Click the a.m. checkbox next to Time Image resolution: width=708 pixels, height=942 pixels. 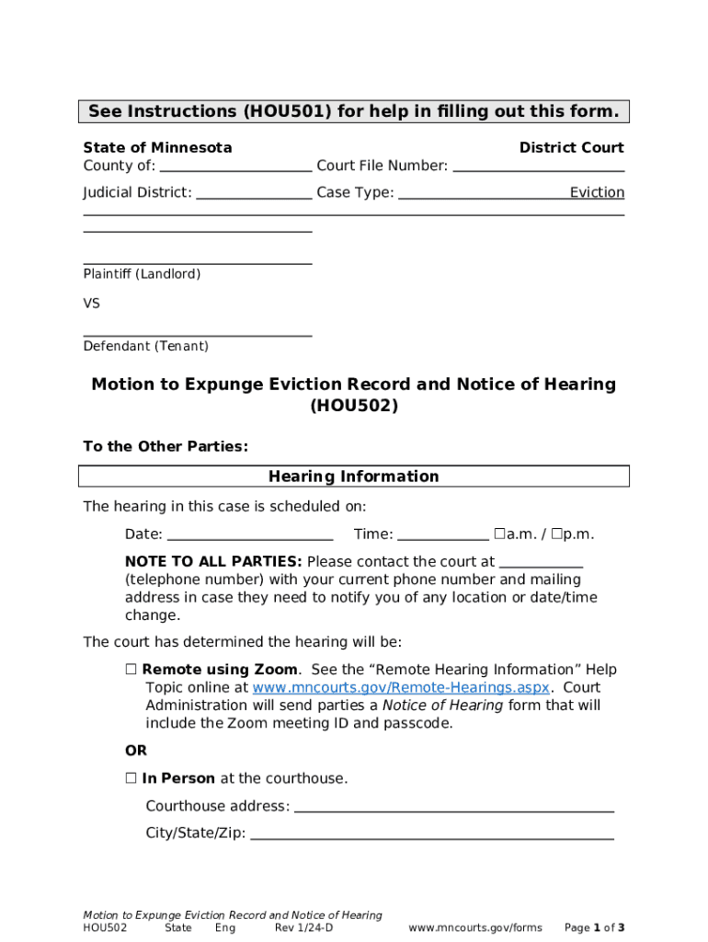(x=498, y=534)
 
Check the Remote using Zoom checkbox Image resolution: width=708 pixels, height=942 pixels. (x=131, y=670)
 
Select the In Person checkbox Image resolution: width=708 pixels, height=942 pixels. (x=131, y=778)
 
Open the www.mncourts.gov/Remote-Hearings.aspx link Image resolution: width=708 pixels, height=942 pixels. (x=401, y=688)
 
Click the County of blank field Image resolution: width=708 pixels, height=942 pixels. (x=235, y=167)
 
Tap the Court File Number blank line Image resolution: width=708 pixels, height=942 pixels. (x=539, y=167)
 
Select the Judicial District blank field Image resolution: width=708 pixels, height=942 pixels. (x=254, y=193)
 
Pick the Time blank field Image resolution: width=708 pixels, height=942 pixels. (x=443, y=535)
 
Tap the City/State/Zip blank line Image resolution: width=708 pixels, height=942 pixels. (x=432, y=834)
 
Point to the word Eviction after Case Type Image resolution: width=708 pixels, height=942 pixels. (x=597, y=193)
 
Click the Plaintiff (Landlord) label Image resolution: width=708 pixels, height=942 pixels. (x=142, y=274)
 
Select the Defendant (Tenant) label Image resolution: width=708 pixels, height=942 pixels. (x=145, y=347)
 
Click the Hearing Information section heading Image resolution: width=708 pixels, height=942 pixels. (x=354, y=477)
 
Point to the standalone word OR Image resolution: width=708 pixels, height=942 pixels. (x=136, y=752)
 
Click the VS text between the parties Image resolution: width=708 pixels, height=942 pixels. (x=92, y=304)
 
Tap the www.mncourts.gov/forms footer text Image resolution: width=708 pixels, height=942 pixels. (x=475, y=927)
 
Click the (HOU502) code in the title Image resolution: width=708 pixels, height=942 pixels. (x=354, y=406)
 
